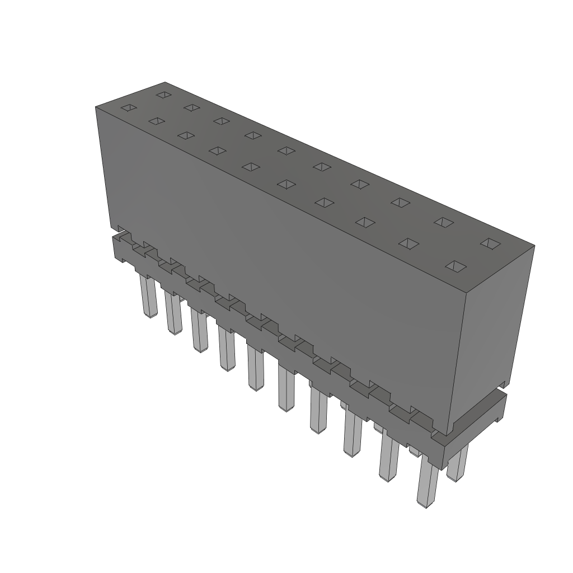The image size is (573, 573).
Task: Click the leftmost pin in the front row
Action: point(148,297)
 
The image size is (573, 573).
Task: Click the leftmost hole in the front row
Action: point(129,107)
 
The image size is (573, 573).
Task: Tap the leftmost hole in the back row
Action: point(163,95)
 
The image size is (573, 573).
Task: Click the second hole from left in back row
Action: point(192,107)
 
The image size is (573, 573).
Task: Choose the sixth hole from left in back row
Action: point(321,166)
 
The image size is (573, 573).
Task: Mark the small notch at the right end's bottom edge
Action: point(504,385)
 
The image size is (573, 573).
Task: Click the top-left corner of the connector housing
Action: point(96,107)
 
